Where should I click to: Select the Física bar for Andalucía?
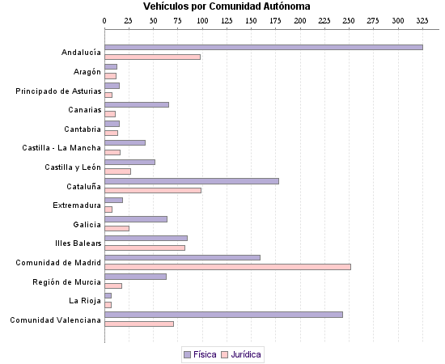coord(263,48)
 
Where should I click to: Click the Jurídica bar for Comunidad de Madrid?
coord(227,266)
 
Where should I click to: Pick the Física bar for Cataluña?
coord(192,181)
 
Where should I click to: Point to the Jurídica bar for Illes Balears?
coord(145,248)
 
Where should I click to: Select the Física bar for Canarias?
coord(137,104)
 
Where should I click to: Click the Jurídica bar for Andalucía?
coord(152,57)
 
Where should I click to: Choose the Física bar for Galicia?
coord(136,219)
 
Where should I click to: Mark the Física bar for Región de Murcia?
coord(135,277)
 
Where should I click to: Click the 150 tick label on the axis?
coord(251,20)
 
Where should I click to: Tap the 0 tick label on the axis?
coord(105,20)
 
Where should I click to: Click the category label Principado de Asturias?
coord(58,91)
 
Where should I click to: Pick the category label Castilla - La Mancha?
coord(61,148)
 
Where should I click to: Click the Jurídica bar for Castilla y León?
coord(117,171)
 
